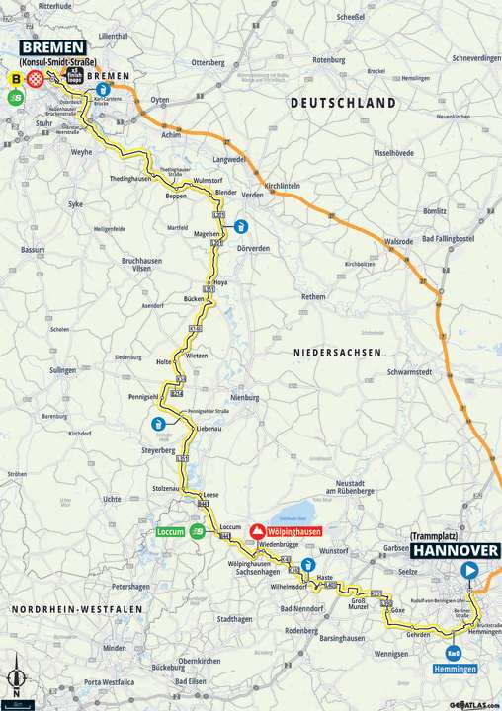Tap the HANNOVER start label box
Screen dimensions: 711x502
456,551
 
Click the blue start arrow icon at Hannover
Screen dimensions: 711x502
470,569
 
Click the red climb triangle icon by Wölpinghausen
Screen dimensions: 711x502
259,531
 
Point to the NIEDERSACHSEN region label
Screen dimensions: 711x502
337,351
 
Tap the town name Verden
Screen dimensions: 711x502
252,195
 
